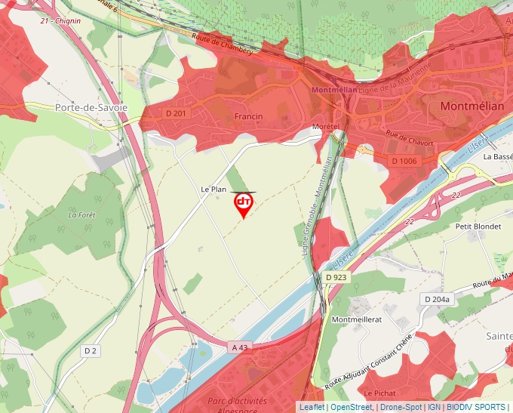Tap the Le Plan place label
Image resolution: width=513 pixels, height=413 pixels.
[213, 189]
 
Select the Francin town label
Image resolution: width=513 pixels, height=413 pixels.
[248, 116]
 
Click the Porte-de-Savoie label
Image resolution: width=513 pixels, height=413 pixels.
[91, 108]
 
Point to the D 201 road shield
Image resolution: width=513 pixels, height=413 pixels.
[174, 113]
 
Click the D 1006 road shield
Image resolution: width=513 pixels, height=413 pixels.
[404, 161]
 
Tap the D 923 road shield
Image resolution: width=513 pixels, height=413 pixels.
[336, 278]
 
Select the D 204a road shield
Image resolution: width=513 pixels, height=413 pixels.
[437, 299]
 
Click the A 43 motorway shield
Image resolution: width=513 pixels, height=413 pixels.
[240, 347]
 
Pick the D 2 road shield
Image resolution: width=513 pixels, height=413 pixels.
[91, 350]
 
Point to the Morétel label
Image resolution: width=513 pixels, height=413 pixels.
[326, 125]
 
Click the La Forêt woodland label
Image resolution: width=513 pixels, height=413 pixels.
[82, 214]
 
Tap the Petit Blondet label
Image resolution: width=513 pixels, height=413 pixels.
[478, 226]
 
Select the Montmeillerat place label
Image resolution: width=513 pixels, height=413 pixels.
[358, 319]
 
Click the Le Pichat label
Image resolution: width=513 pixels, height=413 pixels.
[379, 393]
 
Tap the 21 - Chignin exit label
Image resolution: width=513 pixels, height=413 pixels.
[60, 20]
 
